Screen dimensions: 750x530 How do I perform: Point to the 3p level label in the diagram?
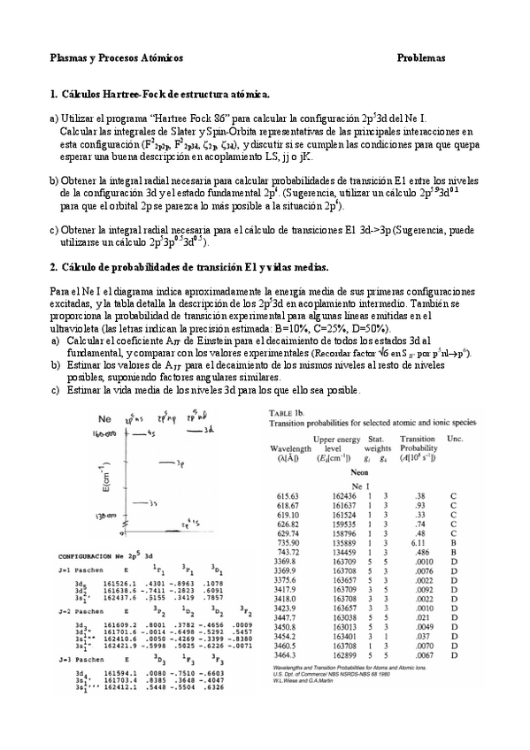coord(180,463)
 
